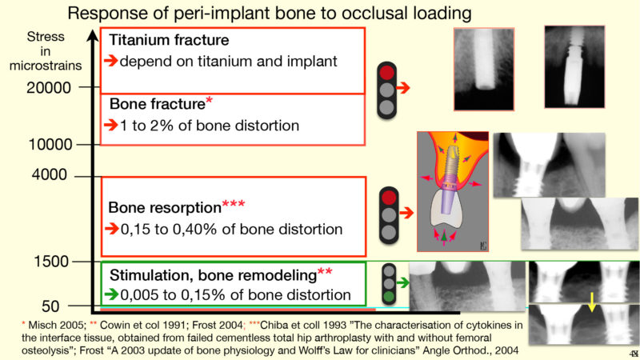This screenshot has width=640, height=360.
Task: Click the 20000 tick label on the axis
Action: coord(49,87)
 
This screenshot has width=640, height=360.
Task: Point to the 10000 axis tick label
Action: coord(50,145)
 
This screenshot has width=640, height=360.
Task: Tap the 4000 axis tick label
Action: coord(50,174)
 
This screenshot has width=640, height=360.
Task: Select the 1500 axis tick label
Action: coord(51,262)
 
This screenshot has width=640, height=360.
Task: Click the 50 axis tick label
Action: coord(50,306)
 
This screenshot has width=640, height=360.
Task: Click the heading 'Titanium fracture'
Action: coord(169,40)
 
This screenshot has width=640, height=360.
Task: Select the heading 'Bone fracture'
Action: coord(157,104)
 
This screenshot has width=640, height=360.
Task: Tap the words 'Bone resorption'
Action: coord(165,207)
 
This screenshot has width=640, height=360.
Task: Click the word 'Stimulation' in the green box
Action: coord(147,275)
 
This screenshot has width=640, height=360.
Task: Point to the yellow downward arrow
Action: coord(592,302)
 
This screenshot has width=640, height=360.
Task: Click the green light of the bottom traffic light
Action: coord(389,296)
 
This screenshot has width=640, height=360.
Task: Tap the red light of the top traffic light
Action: coord(386,73)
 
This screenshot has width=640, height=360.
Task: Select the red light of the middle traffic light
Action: coord(389,198)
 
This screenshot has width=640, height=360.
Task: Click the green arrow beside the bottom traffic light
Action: coord(402,282)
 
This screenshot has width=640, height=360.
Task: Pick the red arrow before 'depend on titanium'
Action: coord(110,61)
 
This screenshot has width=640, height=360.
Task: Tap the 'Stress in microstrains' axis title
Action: coord(46,51)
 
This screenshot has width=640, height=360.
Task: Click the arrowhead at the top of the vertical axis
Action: coord(93,35)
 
